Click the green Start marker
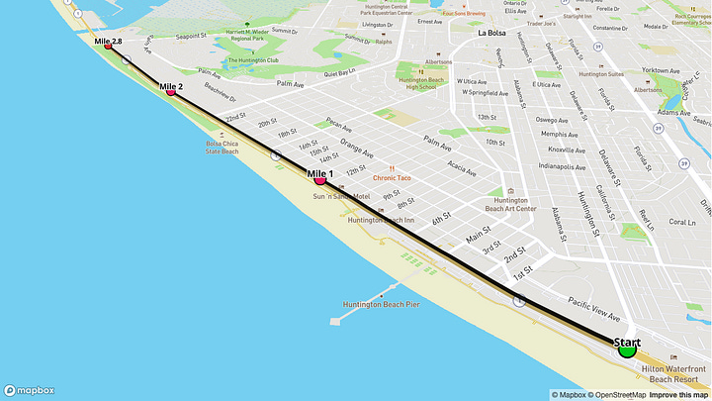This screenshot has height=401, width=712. [626, 349]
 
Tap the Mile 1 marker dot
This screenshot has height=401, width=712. [319, 180]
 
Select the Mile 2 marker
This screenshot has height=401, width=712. [170, 91]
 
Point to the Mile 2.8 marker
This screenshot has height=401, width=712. [108, 46]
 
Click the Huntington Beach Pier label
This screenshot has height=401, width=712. [381, 304]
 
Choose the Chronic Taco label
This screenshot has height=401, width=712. [392, 178]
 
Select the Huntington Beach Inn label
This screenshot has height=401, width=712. [381, 220]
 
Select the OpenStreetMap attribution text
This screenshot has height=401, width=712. [617, 394]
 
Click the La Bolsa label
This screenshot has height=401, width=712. [490, 33]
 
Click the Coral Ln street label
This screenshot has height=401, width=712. [682, 222]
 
